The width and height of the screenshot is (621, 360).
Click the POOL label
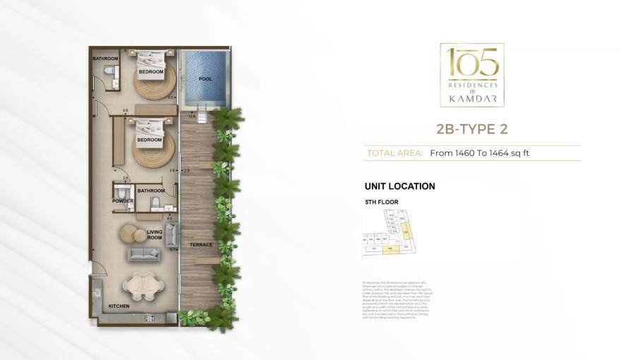point(205,79)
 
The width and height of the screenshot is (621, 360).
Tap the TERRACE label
point(201,245)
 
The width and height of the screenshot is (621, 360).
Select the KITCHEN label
point(118,306)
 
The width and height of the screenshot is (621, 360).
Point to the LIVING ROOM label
point(155,234)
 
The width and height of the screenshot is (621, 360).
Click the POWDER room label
point(122,201)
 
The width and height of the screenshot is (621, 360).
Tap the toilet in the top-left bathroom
point(107,71)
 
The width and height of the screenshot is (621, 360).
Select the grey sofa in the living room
point(144,254)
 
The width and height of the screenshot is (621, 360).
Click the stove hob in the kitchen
point(150,318)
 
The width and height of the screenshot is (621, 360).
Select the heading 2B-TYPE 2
point(471,129)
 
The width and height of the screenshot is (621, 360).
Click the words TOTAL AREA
point(395,152)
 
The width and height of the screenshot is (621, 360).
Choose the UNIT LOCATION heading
point(399,186)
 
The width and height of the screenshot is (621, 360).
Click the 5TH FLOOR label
point(382,203)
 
